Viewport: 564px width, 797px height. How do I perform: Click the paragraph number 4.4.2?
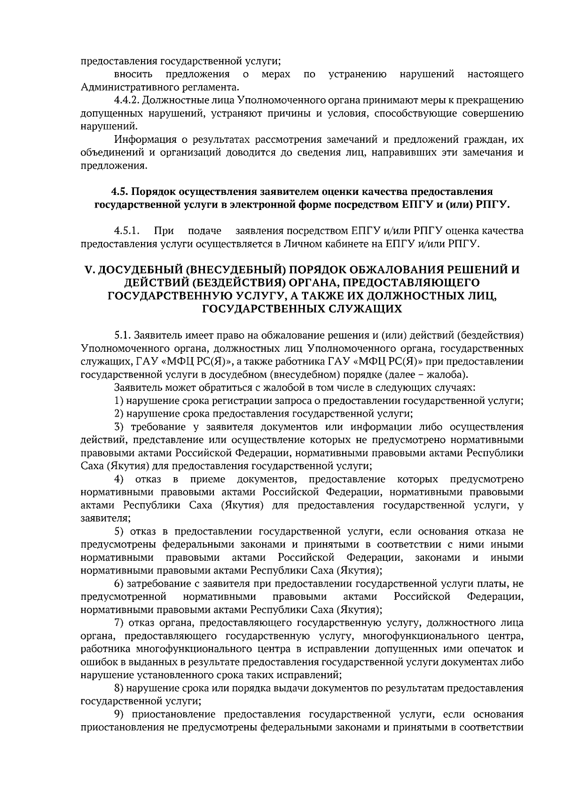(x=126, y=101)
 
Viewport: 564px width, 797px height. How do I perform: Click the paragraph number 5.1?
(x=122, y=336)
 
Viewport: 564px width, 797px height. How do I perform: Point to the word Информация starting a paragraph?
(x=142, y=139)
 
